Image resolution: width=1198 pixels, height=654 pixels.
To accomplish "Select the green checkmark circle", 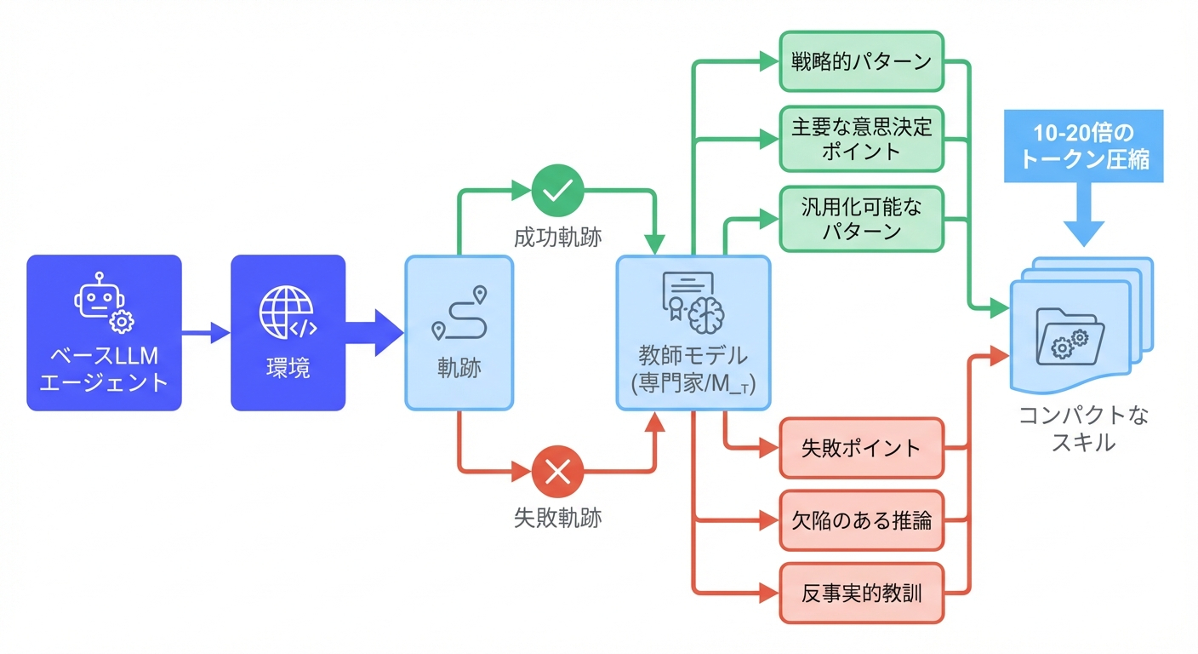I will coord(557,191).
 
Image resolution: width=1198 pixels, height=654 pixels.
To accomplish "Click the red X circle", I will coord(557,471).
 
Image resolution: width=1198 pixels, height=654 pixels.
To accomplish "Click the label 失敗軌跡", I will coord(557,518).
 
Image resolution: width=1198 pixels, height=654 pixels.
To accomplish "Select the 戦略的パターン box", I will coord(861,61).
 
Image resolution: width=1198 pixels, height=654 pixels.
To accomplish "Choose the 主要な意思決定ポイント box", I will coord(861,139).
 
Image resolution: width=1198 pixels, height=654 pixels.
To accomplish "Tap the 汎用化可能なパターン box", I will coord(861,218).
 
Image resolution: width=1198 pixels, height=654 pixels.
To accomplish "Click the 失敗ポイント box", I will coord(861,448).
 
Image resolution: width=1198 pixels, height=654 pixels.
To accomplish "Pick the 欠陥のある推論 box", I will coord(861,520).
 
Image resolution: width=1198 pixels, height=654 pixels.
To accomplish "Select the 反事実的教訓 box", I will coord(861,593).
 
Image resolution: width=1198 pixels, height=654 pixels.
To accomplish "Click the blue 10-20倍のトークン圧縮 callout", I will coord(1083,146).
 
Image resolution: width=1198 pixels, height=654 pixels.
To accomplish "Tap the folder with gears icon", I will coord(1070,335).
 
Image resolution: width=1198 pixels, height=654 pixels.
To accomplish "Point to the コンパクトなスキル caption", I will coord(1083,428).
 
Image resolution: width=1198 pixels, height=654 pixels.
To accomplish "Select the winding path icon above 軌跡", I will coord(459,314).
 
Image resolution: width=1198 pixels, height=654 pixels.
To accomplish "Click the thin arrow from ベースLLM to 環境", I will coord(205,333).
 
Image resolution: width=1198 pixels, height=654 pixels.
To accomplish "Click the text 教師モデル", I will coord(693,355).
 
